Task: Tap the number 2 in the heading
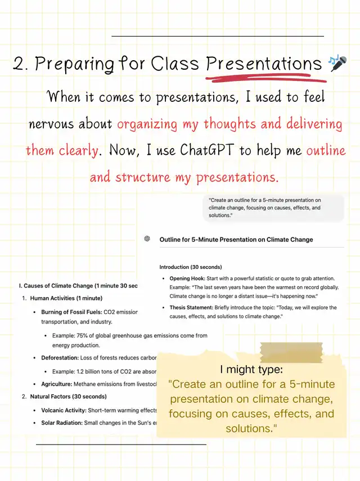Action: click(20, 64)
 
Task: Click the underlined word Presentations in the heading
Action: click(264, 63)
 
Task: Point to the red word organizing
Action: click(146, 124)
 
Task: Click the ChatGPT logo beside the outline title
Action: click(147, 239)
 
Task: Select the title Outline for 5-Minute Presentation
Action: click(236, 239)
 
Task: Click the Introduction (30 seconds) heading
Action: click(191, 267)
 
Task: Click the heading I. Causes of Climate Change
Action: click(78, 286)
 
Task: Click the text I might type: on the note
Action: click(251, 370)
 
